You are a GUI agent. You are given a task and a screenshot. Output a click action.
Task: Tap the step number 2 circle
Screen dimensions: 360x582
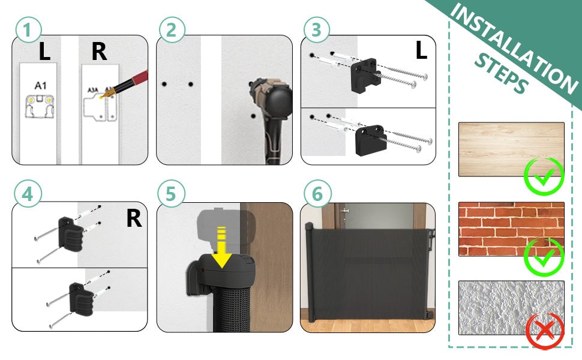point(172,31)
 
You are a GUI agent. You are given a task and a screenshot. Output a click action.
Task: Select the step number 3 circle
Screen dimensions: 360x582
point(316,31)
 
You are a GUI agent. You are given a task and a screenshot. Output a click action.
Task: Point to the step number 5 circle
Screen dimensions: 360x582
point(172,195)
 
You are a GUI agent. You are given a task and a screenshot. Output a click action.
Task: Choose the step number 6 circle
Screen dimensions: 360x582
point(316,195)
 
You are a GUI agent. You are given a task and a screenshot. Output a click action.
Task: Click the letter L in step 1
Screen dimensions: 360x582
point(44,52)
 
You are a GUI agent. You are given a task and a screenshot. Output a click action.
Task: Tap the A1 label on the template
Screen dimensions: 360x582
point(40,85)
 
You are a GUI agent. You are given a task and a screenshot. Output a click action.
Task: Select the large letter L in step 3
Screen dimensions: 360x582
point(421,51)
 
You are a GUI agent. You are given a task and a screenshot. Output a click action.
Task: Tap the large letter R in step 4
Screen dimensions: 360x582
point(134,219)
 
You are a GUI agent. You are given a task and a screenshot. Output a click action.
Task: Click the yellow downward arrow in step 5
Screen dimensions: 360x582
point(223,248)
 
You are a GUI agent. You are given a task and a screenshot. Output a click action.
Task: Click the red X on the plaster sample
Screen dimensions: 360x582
point(544,332)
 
